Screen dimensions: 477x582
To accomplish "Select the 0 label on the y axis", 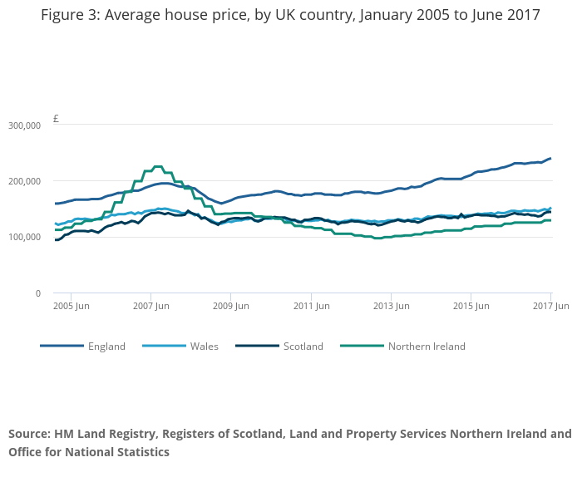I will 38,293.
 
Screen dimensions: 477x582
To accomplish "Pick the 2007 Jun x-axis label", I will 150,306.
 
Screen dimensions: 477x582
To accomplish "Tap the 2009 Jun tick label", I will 230,306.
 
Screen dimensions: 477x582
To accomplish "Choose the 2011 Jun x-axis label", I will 310,306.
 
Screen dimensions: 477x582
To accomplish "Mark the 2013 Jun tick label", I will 391,306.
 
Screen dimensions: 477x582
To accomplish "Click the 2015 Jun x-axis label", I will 471,306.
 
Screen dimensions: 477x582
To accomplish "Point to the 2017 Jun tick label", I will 550,306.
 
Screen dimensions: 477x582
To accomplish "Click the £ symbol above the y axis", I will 56,119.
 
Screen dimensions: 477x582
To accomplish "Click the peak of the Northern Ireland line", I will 155,167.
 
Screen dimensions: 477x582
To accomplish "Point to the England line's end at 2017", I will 550,159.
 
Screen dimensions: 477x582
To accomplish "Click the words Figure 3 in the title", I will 70,16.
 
